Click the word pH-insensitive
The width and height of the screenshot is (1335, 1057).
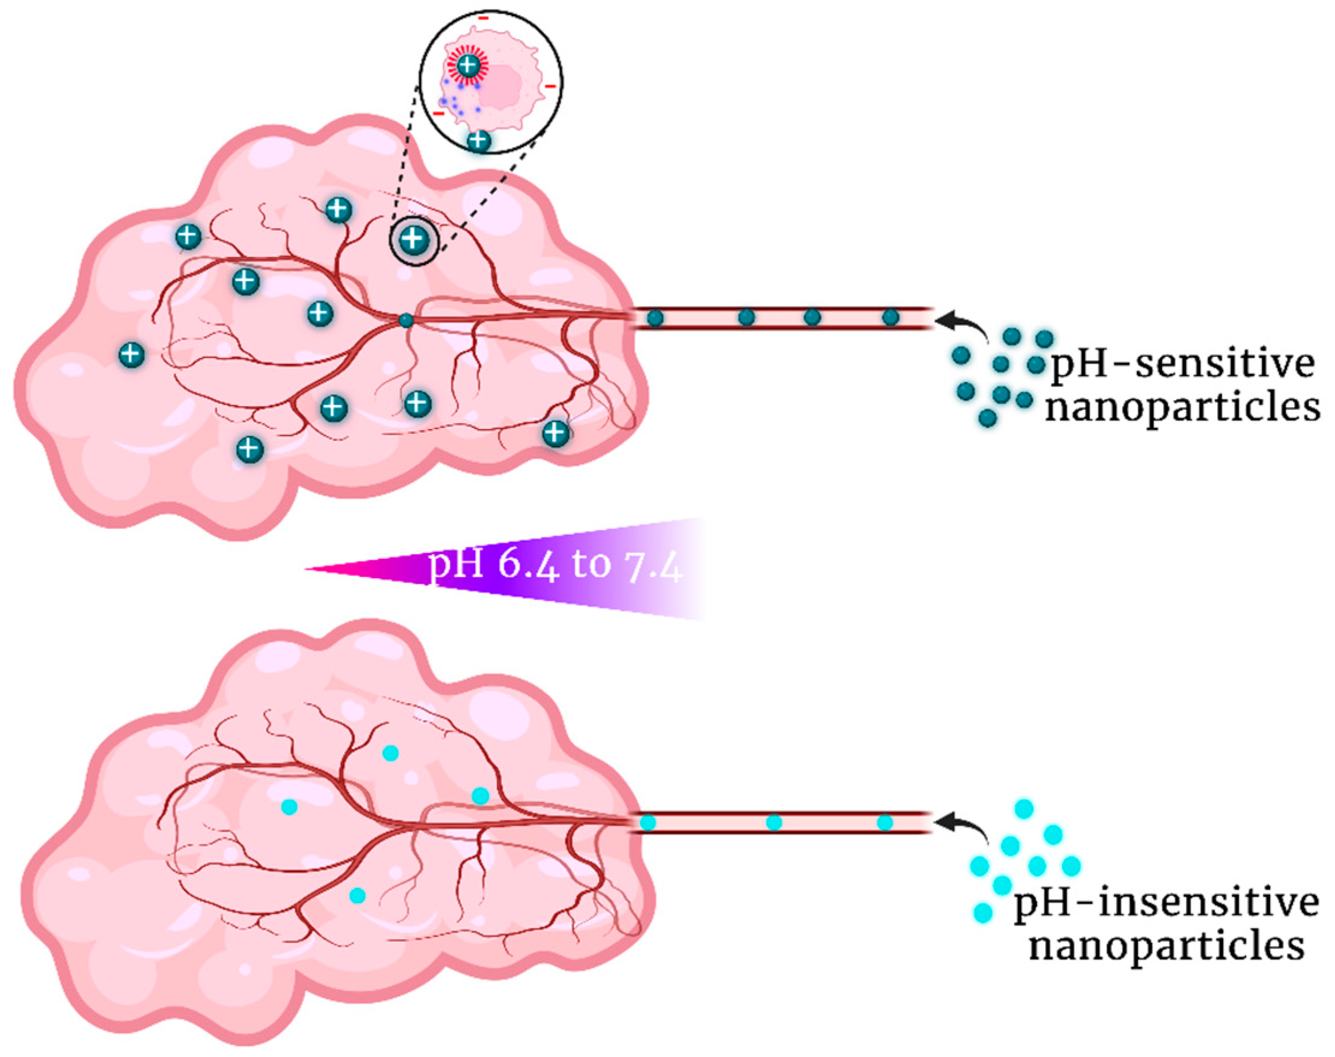pos(1166,904)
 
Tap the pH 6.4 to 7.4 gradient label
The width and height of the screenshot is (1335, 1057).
pos(556,565)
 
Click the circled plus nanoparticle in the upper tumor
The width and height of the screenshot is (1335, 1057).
pos(414,240)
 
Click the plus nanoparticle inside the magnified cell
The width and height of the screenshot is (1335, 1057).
pos(468,65)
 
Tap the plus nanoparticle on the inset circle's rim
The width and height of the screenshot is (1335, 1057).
pos(478,141)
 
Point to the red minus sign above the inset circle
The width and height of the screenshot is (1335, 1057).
pos(483,18)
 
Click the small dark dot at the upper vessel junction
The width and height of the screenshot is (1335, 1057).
pos(405,320)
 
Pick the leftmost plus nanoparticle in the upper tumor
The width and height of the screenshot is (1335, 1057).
pos(131,355)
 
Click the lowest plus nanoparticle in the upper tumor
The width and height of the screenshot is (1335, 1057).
pos(250,449)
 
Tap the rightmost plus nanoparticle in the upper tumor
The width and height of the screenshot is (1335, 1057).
pos(556,433)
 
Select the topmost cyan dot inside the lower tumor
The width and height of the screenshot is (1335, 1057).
pos(390,753)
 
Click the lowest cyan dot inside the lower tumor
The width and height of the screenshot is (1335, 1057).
pos(357,895)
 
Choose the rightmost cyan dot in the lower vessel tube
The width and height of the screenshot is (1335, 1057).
pos(885,823)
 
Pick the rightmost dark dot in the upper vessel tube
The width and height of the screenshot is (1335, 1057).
pos(891,317)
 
